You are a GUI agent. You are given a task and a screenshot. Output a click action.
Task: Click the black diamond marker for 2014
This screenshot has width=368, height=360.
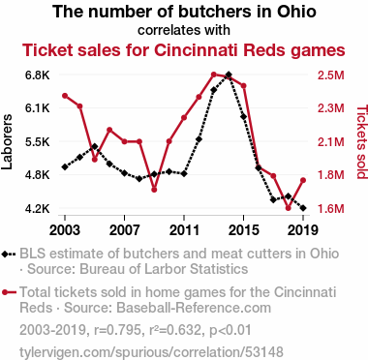click(229, 75)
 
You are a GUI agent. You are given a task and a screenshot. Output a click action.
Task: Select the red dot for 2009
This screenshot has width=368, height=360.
click(154, 190)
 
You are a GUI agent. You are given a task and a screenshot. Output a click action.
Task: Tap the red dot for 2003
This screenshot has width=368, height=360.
click(65, 96)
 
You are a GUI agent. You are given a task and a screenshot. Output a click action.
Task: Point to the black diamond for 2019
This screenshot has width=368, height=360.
click(303, 208)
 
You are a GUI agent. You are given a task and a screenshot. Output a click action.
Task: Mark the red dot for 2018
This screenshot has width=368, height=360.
click(289, 208)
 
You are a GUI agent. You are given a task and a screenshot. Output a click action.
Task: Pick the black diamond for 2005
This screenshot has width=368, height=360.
click(95, 146)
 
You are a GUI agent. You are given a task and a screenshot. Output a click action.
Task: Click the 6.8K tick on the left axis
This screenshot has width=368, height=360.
click(38, 75)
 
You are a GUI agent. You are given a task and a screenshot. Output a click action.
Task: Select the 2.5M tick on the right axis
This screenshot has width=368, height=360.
click(331, 75)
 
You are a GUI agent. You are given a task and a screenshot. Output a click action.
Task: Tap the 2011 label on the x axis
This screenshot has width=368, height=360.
click(184, 230)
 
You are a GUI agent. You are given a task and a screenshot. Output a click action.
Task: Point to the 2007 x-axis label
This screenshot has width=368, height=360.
click(124, 230)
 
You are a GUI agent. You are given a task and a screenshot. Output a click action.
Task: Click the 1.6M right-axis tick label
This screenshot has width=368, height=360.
click(331, 209)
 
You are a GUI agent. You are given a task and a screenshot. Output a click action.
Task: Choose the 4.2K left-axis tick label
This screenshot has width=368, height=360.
click(38, 209)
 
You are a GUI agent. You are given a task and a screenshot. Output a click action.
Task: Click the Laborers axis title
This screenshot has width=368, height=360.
click(7, 141)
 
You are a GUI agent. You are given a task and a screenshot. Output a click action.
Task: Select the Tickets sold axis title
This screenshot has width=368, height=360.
click(362, 141)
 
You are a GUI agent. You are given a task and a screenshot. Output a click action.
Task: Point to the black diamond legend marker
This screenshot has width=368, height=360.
click(9, 255)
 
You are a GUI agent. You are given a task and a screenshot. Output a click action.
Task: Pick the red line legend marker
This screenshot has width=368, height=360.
click(9, 292)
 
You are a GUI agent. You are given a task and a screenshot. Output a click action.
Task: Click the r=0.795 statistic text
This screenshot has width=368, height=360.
click(118, 330)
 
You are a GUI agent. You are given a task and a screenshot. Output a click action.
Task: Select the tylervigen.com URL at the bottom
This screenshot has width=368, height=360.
click(151, 352)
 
